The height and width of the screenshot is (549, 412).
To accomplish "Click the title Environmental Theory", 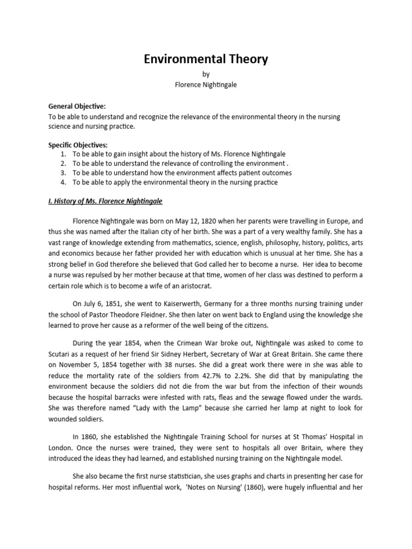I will [x=205, y=60].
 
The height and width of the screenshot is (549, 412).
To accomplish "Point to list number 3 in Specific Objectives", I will [x=64, y=173].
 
